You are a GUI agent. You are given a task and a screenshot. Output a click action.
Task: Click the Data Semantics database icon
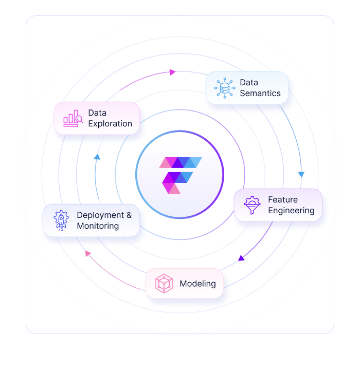click(x=224, y=88)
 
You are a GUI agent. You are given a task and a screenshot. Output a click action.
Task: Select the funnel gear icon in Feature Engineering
click(x=252, y=205)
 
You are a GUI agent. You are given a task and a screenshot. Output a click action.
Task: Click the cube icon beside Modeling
click(x=164, y=284)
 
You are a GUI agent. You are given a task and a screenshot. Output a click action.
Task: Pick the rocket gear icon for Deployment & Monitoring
click(x=61, y=220)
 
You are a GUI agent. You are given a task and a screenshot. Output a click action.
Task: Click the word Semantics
click(x=260, y=93)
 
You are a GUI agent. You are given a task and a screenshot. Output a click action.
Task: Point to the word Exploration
click(x=110, y=123)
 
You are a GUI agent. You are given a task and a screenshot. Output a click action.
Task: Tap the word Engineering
click(x=291, y=210)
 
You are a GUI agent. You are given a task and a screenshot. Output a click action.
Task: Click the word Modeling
click(x=197, y=284)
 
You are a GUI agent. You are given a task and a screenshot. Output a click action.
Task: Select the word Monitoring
click(x=98, y=226)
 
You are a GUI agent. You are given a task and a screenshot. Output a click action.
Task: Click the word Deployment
click(x=100, y=215)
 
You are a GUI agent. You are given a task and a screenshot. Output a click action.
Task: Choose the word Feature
click(x=283, y=199)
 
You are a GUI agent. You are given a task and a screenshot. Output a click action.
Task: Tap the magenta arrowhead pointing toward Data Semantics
click(x=173, y=72)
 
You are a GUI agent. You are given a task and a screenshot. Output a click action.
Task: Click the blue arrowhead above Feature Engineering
click(x=301, y=174)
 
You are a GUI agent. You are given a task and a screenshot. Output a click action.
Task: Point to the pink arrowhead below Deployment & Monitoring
click(x=88, y=253)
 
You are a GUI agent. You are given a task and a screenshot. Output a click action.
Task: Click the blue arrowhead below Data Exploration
click(x=97, y=156)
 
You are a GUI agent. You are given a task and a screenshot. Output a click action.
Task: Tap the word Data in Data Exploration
click(x=97, y=113)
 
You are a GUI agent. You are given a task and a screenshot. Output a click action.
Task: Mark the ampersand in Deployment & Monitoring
click(x=129, y=215)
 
